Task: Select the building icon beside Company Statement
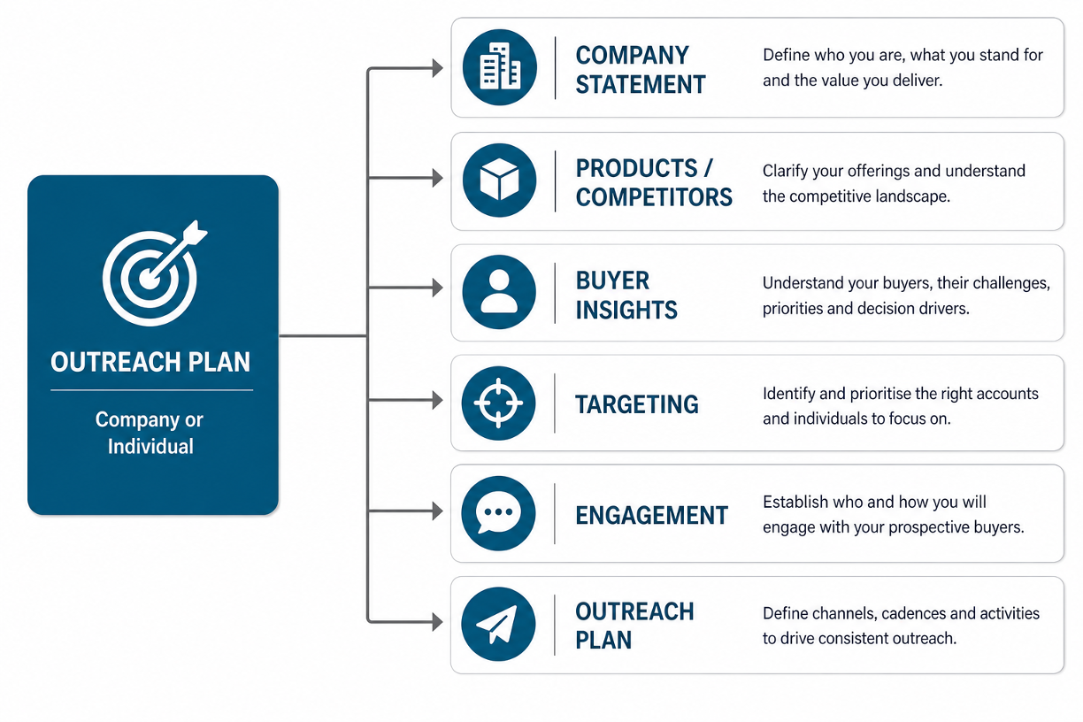pyautogui.click(x=499, y=67)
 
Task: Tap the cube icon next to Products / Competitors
pyautogui.click(x=499, y=180)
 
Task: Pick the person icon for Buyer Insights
pyautogui.click(x=499, y=292)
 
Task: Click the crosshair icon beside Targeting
pyautogui.click(x=498, y=403)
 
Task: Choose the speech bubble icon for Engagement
pyautogui.click(x=498, y=513)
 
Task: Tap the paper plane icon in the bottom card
pyautogui.click(x=498, y=624)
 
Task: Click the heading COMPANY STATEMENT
pyautogui.click(x=641, y=70)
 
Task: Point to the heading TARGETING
pyautogui.click(x=637, y=404)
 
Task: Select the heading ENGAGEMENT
pyautogui.click(x=651, y=515)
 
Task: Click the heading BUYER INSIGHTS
pyautogui.click(x=626, y=295)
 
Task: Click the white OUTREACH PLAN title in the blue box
pyautogui.click(x=150, y=362)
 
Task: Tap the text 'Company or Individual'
pyautogui.click(x=150, y=433)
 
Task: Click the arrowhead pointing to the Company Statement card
pyautogui.click(x=438, y=68)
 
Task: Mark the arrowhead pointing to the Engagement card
pyautogui.click(x=438, y=511)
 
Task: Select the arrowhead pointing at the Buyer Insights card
pyautogui.click(x=438, y=288)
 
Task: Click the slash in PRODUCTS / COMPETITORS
pyautogui.click(x=709, y=168)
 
